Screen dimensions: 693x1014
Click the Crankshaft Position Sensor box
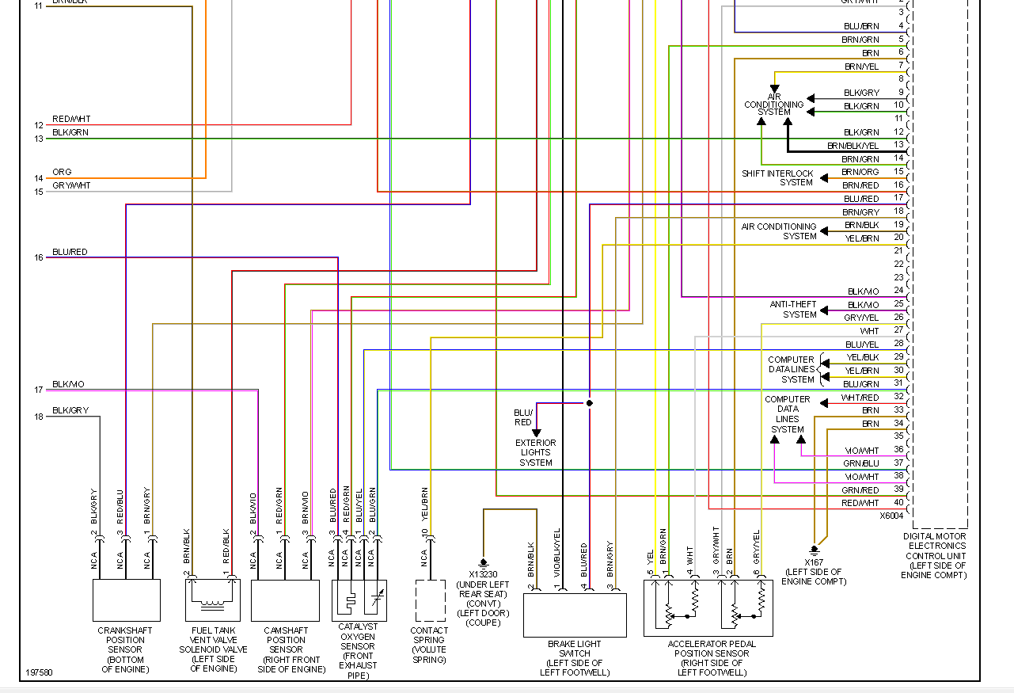[x=127, y=600]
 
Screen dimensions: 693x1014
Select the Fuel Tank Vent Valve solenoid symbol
[x=213, y=600]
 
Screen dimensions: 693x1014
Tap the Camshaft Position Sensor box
[x=285, y=600]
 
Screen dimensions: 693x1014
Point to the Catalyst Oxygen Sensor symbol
[x=359, y=600]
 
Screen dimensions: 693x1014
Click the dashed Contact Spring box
[x=431, y=600]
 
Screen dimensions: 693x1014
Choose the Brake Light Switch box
[x=575, y=615]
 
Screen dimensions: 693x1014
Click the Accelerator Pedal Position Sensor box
[x=708, y=607]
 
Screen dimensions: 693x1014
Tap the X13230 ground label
[x=483, y=574]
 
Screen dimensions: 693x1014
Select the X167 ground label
[x=814, y=562]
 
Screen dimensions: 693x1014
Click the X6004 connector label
[x=891, y=516]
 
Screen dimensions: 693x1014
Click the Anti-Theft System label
[x=793, y=310]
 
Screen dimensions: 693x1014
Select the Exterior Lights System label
[x=536, y=453]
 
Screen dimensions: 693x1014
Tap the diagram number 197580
[x=39, y=672]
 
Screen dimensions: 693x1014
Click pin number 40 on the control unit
[x=898, y=503]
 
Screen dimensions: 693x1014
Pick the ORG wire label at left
[x=62, y=172]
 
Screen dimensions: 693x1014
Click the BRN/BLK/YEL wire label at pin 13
[x=853, y=146]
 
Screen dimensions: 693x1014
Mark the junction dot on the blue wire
[x=589, y=403]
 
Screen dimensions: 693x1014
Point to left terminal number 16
[x=39, y=257]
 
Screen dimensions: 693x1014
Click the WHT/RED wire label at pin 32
[x=860, y=398]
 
